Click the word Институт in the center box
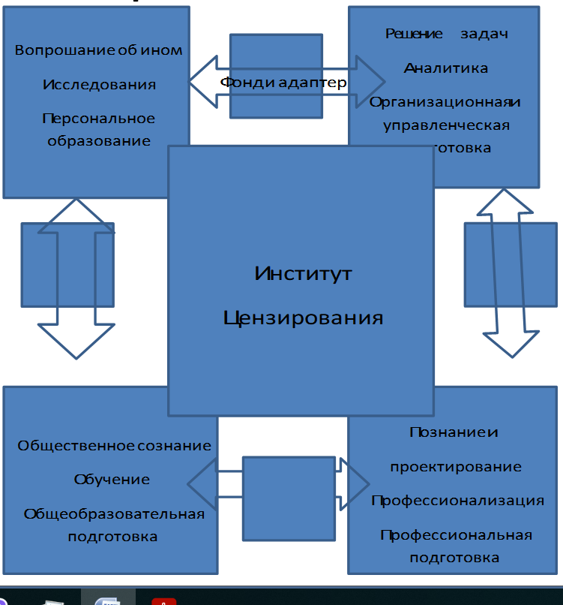303,273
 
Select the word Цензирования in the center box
303,318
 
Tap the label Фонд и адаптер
283,82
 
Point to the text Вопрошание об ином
99,50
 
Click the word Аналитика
445,68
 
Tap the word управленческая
445,125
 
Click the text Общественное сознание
114,445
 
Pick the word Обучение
112,479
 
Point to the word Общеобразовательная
114,514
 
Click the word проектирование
455,466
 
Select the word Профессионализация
457,501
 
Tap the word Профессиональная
456,535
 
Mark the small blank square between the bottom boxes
288,498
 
